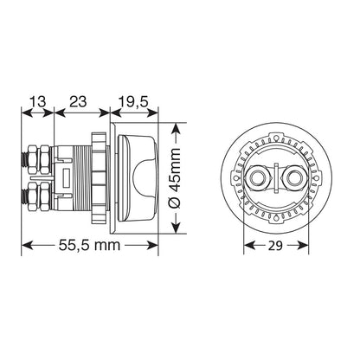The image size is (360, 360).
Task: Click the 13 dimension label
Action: click(38, 101)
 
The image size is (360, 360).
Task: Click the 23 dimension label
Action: click(78, 101)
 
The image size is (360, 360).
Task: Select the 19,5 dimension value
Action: click(133, 102)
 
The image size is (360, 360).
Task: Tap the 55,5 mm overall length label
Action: click(89, 245)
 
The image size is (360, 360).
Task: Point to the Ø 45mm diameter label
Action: click(175, 178)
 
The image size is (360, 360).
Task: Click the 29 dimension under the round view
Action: click(275, 246)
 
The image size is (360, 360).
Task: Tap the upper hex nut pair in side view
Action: click(39, 159)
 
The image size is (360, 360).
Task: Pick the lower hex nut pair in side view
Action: click(39, 196)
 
